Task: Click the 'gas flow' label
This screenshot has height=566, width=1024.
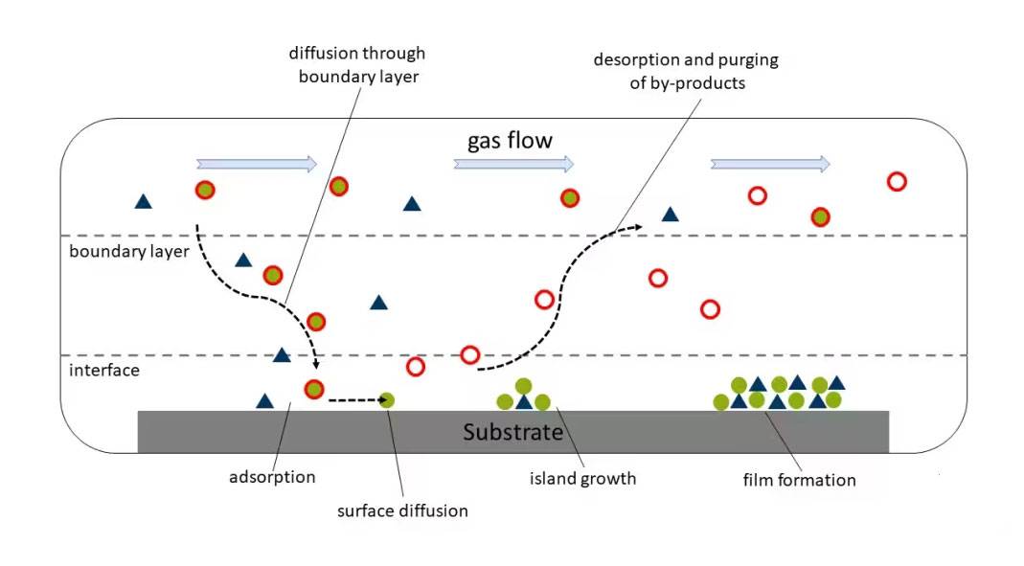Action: coord(510,141)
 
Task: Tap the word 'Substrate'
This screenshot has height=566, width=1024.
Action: coord(512,432)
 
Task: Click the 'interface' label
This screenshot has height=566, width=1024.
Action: coord(104,370)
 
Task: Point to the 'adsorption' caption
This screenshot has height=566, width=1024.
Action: coord(272,476)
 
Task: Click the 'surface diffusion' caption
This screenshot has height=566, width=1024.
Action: coord(402,510)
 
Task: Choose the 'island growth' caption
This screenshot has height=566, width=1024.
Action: coord(582,478)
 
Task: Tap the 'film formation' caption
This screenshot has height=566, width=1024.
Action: coord(799,479)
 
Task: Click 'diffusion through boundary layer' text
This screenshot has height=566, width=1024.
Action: coord(357,65)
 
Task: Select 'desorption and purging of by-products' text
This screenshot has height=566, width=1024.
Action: coord(686,71)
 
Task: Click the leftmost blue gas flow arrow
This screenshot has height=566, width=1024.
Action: coord(256,164)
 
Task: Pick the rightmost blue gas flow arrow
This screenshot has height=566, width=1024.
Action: coord(770,164)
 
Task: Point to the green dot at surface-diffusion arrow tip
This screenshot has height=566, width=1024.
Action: coord(387,399)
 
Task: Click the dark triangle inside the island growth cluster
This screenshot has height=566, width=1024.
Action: coord(524,402)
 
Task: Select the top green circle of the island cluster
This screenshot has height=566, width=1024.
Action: coord(523,386)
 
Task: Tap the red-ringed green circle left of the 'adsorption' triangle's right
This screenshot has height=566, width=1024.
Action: coord(313,390)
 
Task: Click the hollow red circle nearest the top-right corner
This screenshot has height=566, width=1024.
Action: coord(897,181)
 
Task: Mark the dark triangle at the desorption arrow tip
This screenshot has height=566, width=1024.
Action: coord(671,215)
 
